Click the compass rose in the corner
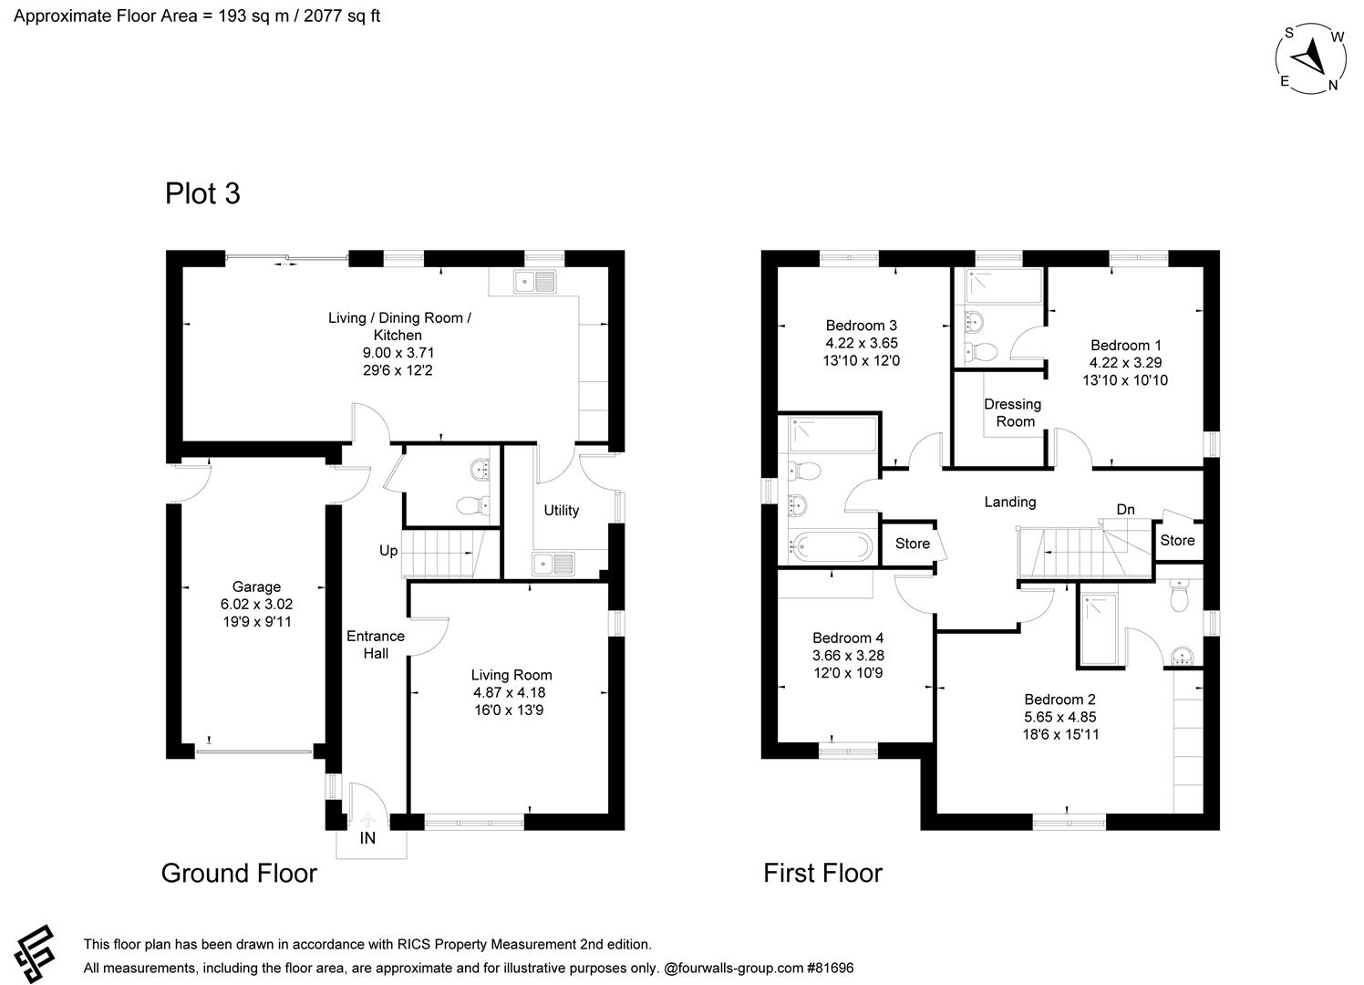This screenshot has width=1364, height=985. pyautogui.click(x=1312, y=58)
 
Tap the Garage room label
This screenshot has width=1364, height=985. pyautogui.click(x=256, y=586)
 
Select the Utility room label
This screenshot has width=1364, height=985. pyautogui.click(x=561, y=510)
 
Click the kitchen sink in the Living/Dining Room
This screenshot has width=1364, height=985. pyautogui.click(x=535, y=282)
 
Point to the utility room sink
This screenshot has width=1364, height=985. pyautogui.click(x=553, y=565)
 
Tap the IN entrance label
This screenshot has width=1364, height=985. pyautogui.click(x=367, y=838)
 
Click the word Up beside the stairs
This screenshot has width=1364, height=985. pyautogui.click(x=388, y=551)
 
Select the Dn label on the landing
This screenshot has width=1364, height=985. pyautogui.click(x=1125, y=509)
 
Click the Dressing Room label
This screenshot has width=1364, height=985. pyautogui.click(x=1013, y=412)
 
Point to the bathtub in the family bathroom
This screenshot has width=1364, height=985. pyautogui.click(x=828, y=547)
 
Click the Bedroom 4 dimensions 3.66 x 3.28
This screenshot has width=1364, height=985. pyautogui.click(x=848, y=656)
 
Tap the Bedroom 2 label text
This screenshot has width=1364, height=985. pyautogui.click(x=1059, y=700)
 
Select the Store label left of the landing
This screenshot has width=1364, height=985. pyautogui.click(x=912, y=544)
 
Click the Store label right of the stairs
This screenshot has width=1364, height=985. pyautogui.click(x=1177, y=540)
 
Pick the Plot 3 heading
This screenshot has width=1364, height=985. pyautogui.click(x=202, y=193)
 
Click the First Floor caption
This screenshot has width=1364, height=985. pyautogui.click(x=822, y=873)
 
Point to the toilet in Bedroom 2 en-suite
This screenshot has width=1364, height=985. pyautogui.click(x=1180, y=597)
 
